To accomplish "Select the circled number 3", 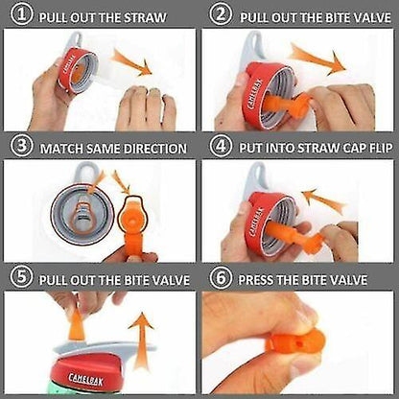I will click(x=20, y=149).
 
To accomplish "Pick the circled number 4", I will click(x=220, y=149).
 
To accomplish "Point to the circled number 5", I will click(x=20, y=280).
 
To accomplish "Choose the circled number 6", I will click(x=220, y=280).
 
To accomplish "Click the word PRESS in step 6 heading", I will click(x=260, y=280).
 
